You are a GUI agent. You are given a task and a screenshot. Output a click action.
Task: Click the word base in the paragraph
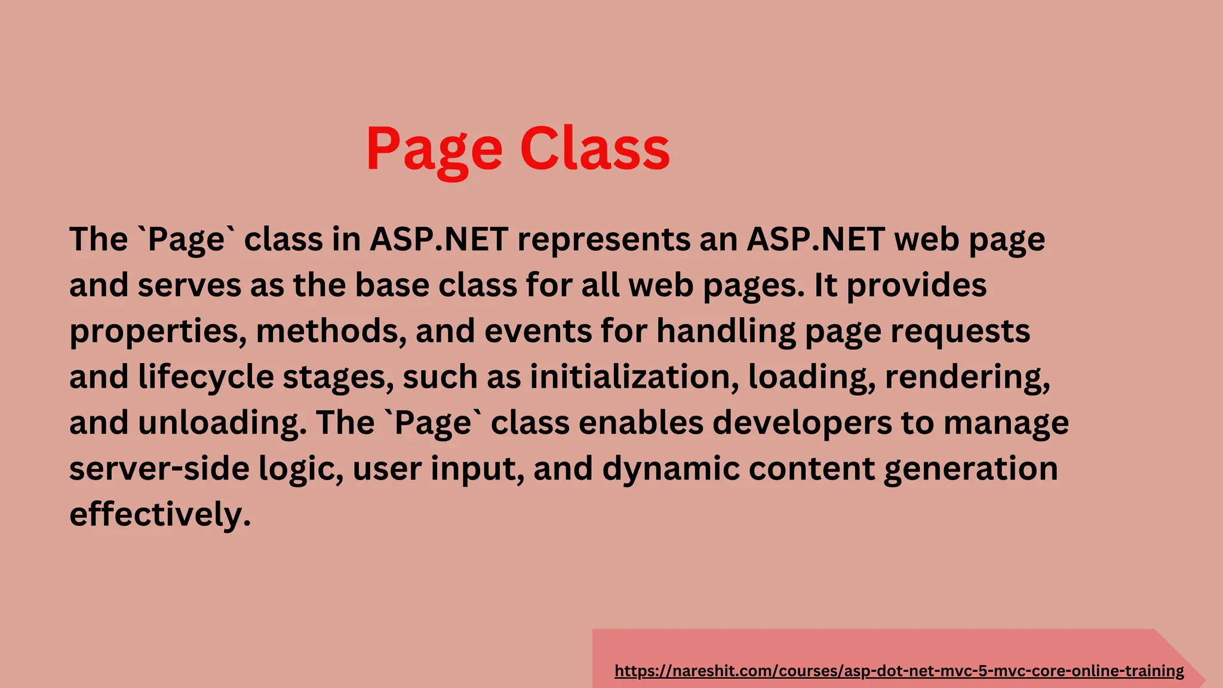pyautogui.click(x=392, y=285)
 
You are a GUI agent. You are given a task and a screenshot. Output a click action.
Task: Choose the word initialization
pyautogui.click(x=634, y=377)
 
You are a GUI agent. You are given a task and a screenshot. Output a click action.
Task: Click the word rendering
pyautogui.click(x=967, y=377)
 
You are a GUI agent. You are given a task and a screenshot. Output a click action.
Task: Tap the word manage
pyautogui.click(x=1006, y=423)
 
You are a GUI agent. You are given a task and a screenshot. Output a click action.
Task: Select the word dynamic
pyautogui.click(x=671, y=469)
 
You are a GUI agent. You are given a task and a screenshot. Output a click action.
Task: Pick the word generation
pyautogui.click(x=970, y=469)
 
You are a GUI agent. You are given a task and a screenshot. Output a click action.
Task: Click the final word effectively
pyautogui.click(x=160, y=514)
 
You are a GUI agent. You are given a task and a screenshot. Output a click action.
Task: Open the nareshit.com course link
pyautogui.click(x=899, y=671)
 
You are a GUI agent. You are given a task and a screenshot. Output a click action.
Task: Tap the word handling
pyautogui.click(x=726, y=331)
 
